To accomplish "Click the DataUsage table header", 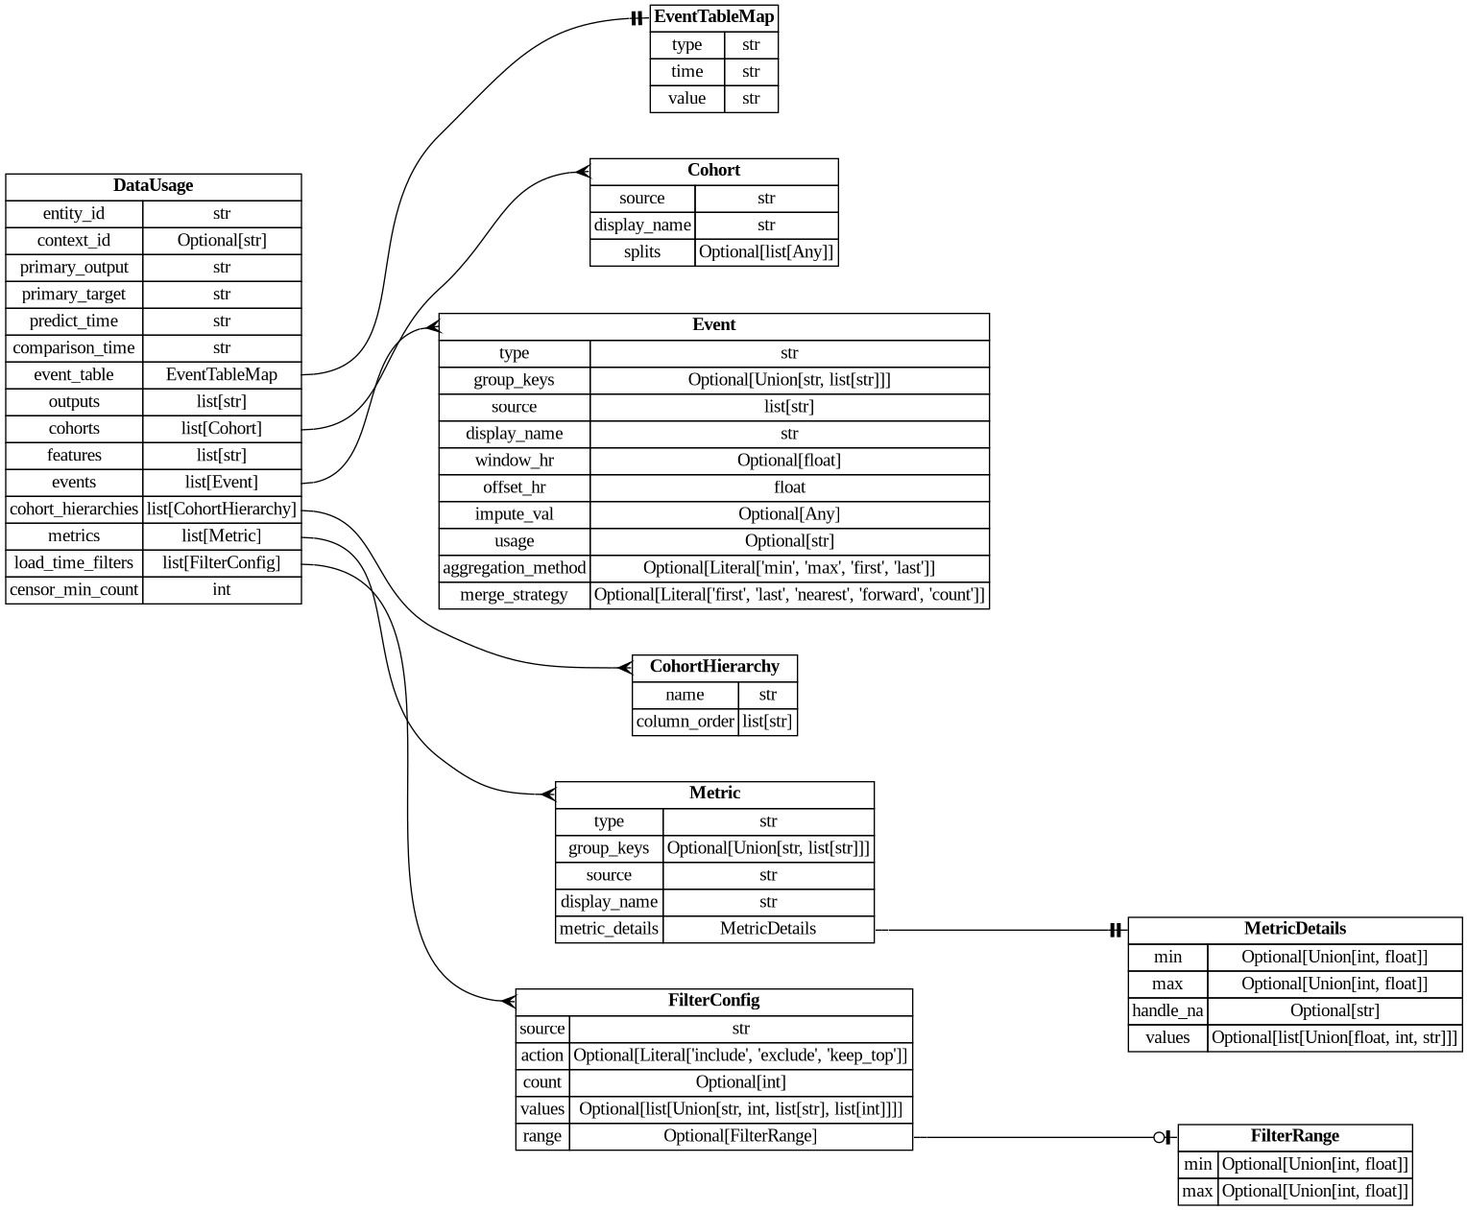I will [153, 186].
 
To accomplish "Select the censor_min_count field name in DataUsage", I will [74, 590].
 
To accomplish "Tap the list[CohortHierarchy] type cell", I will [222, 510].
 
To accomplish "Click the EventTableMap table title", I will [713, 17].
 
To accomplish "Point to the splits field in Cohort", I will [641, 252].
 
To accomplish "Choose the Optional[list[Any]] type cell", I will [766, 252].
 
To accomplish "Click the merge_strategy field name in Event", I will [514, 595].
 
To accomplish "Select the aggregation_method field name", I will [514, 568].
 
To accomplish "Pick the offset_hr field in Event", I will [514, 487].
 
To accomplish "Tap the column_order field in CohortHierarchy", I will [685, 722].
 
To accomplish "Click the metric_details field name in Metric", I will [609, 929].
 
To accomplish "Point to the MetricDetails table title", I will [1294, 929].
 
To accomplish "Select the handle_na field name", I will [1166, 1011].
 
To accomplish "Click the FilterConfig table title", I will [713, 1001].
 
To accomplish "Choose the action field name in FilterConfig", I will [541, 1056].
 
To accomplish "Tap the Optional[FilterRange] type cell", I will [740, 1136].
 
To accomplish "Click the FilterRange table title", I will [1294, 1136].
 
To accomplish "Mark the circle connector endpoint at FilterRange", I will [1160, 1138].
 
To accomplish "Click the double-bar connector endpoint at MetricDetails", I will [1115, 930].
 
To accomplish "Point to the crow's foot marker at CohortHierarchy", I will [625, 668].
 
